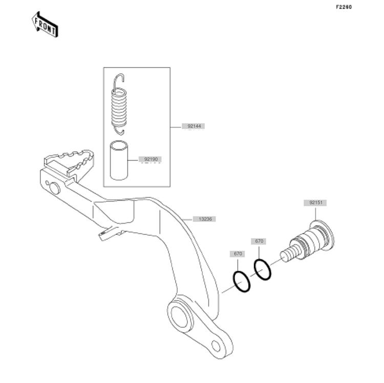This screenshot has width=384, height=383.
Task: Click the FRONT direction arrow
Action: click(x=45, y=25)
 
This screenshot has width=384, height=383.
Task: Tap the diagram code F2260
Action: click(x=344, y=7)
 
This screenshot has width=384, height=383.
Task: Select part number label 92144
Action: click(x=194, y=126)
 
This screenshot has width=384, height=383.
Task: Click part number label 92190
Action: click(x=151, y=159)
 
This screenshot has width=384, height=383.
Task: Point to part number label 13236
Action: click(x=205, y=219)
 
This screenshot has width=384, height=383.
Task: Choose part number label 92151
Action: click(x=315, y=203)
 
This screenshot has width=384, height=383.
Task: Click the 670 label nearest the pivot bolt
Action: click(x=259, y=241)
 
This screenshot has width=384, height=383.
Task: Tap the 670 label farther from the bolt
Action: click(x=238, y=254)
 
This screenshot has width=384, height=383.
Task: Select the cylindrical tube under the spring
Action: click(x=119, y=160)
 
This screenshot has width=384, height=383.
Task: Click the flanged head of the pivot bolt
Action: click(x=322, y=236)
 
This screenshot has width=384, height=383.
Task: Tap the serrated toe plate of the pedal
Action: click(x=69, y=163)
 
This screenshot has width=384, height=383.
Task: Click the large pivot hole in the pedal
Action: click(x=180, y=316)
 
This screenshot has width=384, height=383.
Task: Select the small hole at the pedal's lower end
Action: click(x=216, y=346)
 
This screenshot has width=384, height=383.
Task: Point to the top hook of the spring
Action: click(x=118, y=80)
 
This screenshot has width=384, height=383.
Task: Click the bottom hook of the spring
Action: click(x=119, y=131)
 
